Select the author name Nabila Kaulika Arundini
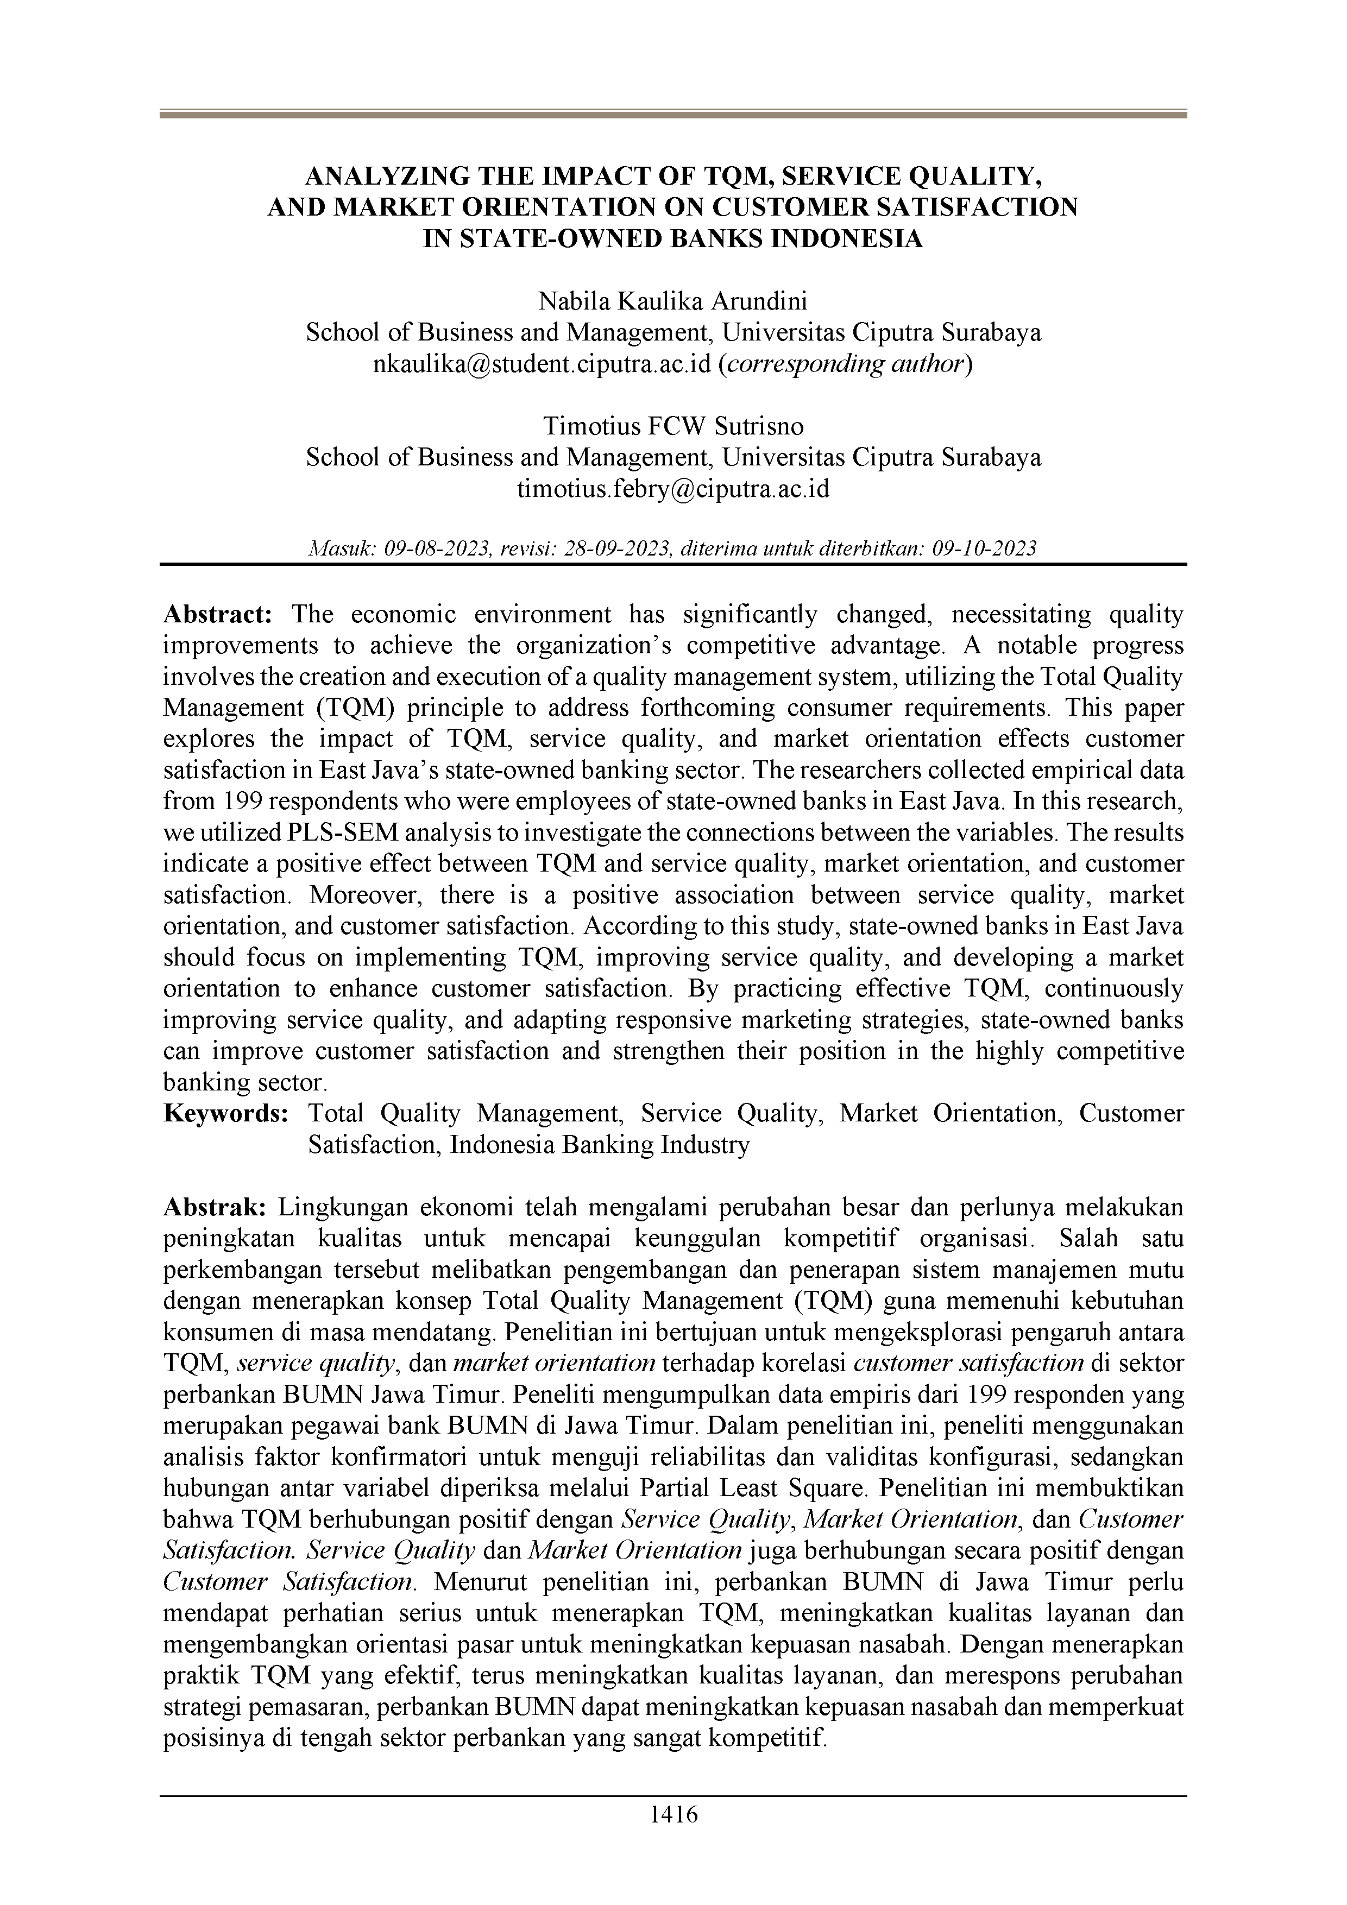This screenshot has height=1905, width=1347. [x=673, y=301]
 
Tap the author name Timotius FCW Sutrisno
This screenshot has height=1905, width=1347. [x=673, y=426]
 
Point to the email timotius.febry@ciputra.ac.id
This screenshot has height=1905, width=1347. [x=673, y=489]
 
